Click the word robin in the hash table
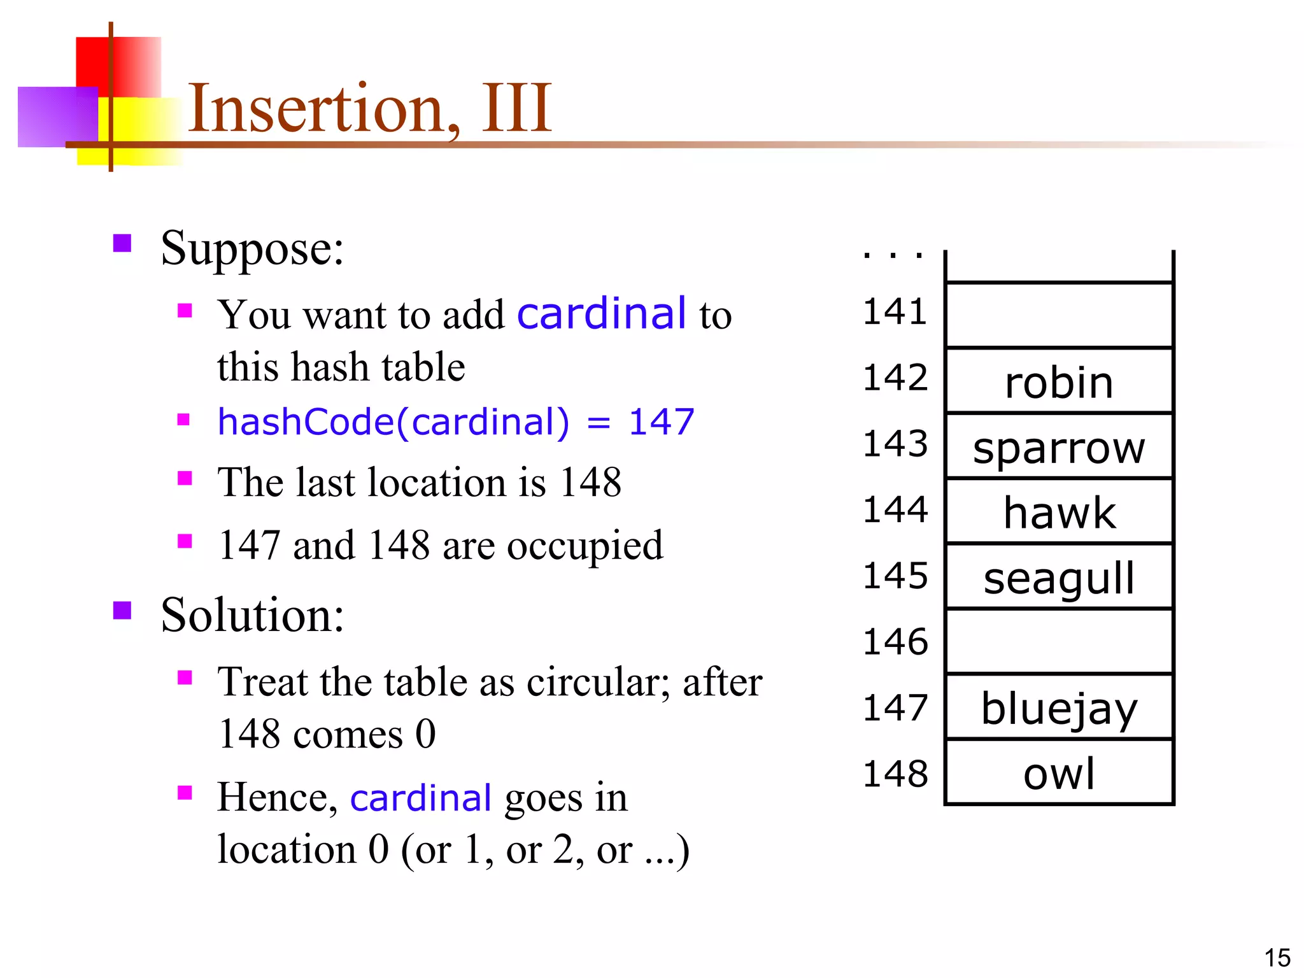1059,383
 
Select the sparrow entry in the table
1059,448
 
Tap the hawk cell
1059,513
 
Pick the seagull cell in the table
1059,578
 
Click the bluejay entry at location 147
1059,709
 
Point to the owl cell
1059,774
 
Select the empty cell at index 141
1059,315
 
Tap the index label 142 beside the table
895,378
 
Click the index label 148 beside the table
895,774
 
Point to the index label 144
895,509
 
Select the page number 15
1277,958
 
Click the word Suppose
252,248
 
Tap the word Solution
252,615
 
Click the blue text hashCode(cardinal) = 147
455,422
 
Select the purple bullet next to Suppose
122,243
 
